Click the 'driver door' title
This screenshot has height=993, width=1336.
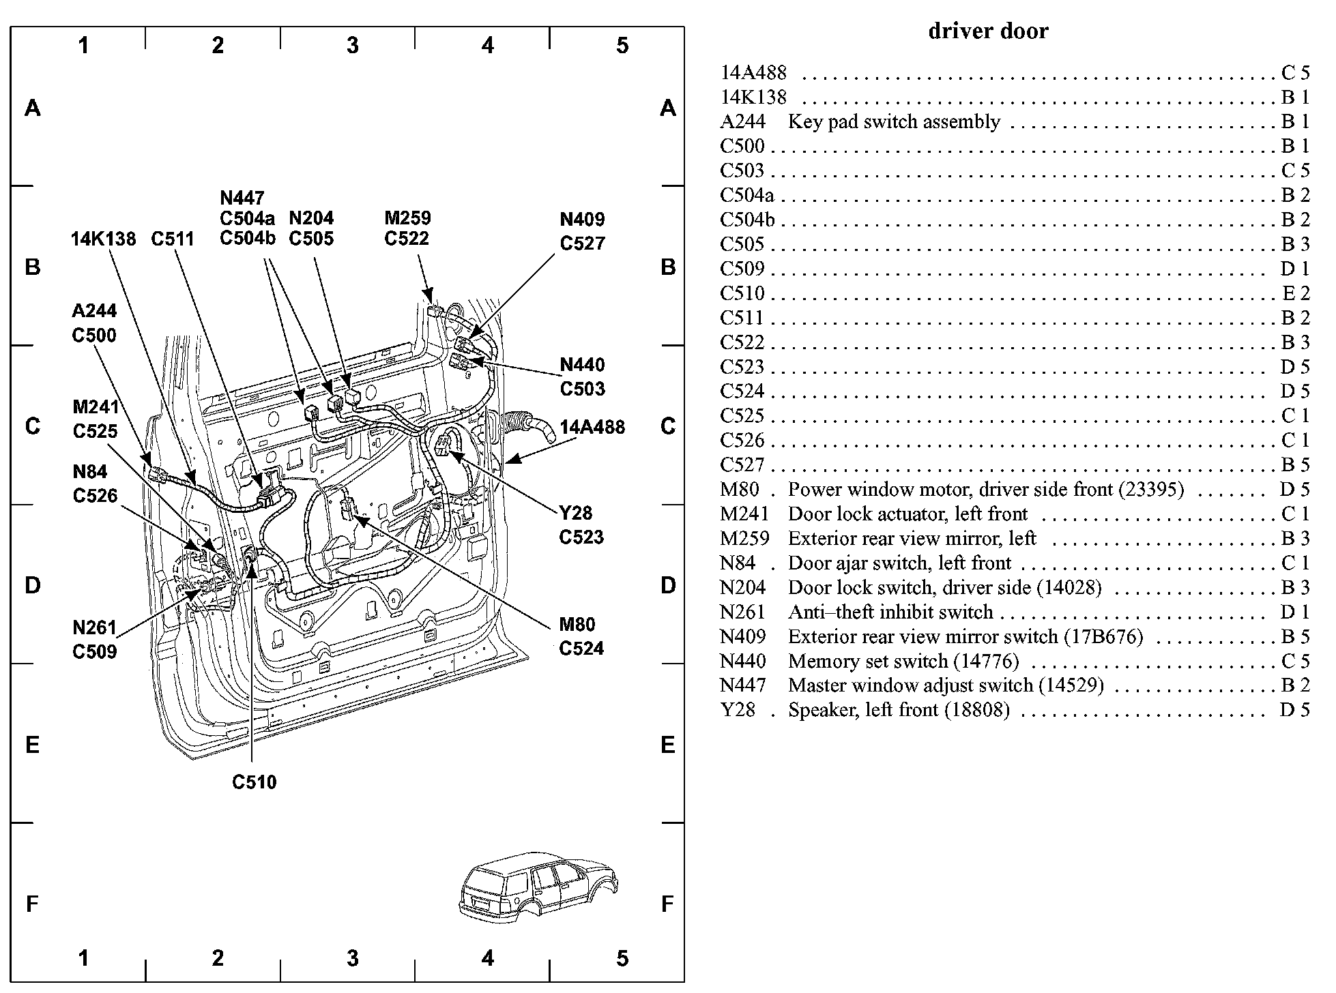point(987,31)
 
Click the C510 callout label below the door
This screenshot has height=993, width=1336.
point(254,782)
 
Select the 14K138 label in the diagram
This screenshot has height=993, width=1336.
point(103,239)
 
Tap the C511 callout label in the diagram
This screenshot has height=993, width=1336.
point(173,239)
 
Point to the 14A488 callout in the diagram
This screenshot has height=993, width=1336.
point(592,428)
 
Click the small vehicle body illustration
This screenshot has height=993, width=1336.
point(539,887)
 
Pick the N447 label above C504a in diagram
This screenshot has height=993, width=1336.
point(242,198)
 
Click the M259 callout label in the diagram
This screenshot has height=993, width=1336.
point(407,218)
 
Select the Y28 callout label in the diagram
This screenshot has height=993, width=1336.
point(575,513)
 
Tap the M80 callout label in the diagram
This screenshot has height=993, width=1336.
point(577,625)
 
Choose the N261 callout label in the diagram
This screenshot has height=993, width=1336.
point(94,627)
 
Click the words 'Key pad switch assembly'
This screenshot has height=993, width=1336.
point(894,122)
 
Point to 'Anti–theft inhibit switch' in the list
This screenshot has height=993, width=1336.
point(890,612)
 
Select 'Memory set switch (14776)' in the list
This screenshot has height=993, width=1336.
point(903,662)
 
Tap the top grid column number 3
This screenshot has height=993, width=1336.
point(352,46)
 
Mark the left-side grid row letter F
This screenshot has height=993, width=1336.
point(32,904)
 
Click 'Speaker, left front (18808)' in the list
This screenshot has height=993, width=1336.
point(899,711)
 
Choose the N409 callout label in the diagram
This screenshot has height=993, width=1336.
point(582,220)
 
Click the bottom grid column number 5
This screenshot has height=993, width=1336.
point(622,959)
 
